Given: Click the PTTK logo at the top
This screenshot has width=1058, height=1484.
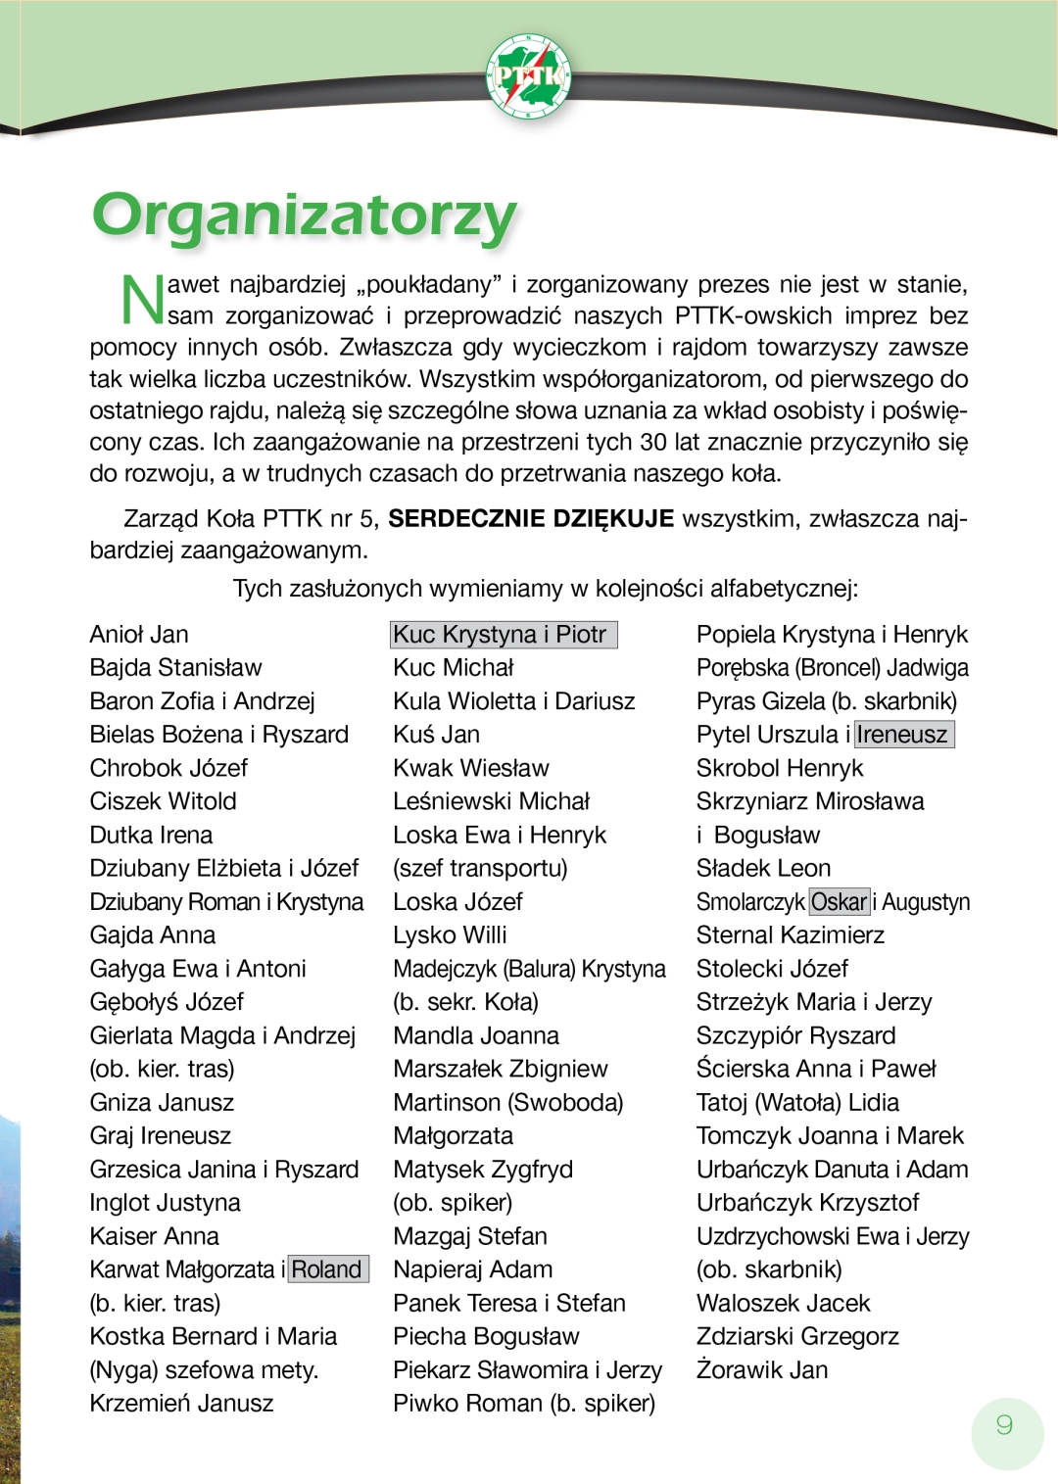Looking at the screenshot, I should pyautogui.click(x=528, y=75).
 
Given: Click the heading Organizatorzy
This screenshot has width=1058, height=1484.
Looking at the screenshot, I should pyautogui.click(x=304, y=215).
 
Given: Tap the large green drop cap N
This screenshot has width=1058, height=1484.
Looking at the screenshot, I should pyautogui.click(x=142, y=299).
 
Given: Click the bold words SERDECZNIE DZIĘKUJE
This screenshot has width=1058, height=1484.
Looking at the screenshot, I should pyautogui.click(x=531, y=518).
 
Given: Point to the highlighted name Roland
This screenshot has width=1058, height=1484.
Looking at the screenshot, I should pyautogui.click(x=327, y=1269).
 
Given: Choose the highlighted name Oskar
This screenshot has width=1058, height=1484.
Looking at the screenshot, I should pyautogui.click(x=840, y=901).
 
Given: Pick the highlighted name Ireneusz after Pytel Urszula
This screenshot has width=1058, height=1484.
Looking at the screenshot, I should pyautogui.click(x=903, y=735).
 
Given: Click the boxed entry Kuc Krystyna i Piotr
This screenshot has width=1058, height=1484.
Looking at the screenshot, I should pyautogui.click(x=503, y=635).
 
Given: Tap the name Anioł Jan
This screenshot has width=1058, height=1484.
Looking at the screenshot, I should pyautogui.click(x=139, y=635).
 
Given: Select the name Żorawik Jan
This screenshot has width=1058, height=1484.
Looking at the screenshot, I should pyautogui.click(x=762, y=1369).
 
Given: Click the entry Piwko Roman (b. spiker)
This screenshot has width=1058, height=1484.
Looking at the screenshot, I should pyautogui.click(x=524, y=1403).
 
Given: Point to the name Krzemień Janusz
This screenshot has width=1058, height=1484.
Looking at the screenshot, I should pyautogui.click(x=181, y=1403).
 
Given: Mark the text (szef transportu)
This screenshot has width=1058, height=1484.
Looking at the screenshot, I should pyautogui.click(x=480, y=868).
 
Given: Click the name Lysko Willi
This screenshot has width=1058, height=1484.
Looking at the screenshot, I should pyautogui.click(x=450, y=934).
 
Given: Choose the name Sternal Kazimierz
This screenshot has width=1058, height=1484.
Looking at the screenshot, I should pyautogui.click(x=791, y=934).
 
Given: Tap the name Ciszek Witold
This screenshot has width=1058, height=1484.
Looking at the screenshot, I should pyautogui.click(x=163, y=801).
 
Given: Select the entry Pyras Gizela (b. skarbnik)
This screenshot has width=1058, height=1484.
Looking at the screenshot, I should pyautogui.click(x=827, y=701).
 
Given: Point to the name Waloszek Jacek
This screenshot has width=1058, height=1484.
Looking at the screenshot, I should pyautogui.click(x=784, y=1303).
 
